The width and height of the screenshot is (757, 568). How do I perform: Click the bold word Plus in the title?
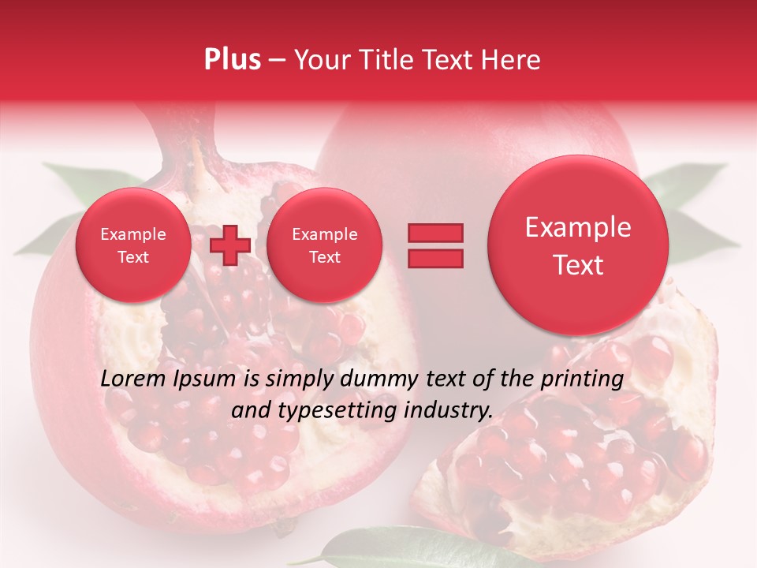pyautogui.click(x=232, y=60)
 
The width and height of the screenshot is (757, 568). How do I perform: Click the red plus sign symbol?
pyautogui.click(x=229, y=245)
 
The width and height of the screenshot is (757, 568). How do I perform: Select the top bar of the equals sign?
pyautogui.click(x=434, y=233)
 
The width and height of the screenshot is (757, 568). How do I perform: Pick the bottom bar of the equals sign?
pyautogui.click(x=434, y=259)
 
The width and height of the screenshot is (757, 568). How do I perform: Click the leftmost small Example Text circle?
pyautogui.click(x=132, y=245)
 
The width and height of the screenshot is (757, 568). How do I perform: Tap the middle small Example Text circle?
pyautogui.click(x=324, y=245)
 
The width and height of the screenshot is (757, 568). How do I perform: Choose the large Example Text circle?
pyautogui.click(x=578, y=245)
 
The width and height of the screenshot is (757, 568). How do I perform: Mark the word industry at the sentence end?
pyautogui.click(x=449, y=410)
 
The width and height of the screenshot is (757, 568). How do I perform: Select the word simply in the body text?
pyautogui.click(x=301, y=379)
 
